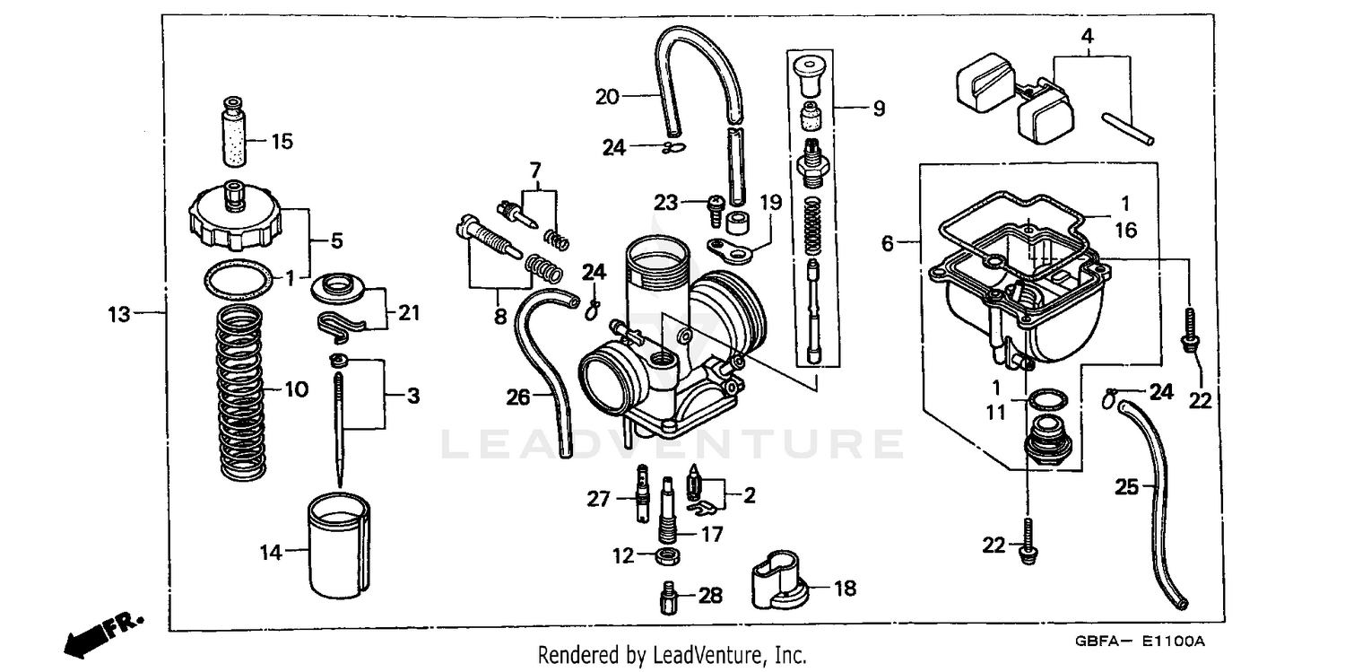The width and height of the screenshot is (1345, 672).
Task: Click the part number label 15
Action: pos(282,142)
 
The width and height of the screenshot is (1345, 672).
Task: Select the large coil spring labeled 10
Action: pos(241,390)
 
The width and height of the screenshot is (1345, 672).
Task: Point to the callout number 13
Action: pos(119,314)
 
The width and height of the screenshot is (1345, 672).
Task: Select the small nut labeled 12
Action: pos(666,556)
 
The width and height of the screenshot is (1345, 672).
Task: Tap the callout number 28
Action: pos(710,595)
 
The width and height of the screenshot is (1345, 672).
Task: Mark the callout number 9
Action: pos(878,109)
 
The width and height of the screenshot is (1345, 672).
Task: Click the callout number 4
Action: pos(1087,38)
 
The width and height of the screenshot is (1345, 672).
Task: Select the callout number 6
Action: pos(888,242)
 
